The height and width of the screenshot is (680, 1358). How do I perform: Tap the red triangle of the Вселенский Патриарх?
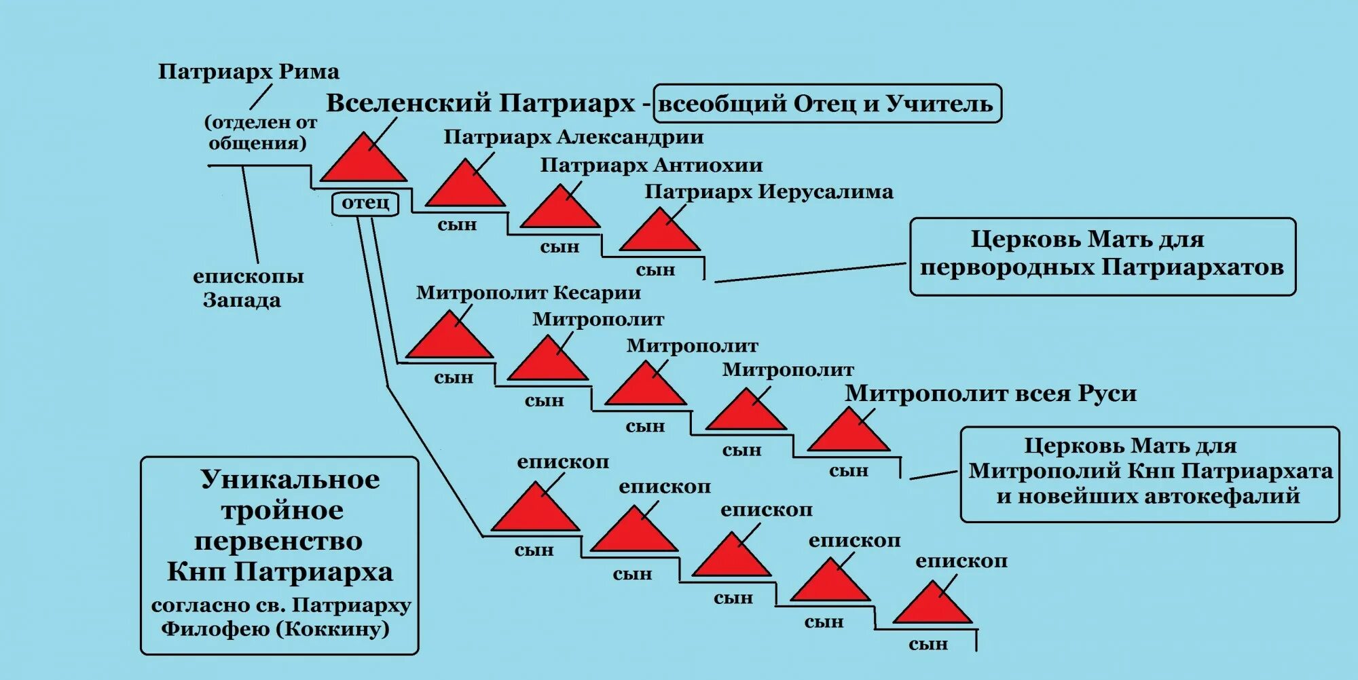tap(364, 162)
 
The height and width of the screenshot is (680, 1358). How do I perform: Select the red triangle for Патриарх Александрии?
tap(466, 187)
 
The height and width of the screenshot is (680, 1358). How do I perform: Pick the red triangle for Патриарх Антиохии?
tap(560, 210)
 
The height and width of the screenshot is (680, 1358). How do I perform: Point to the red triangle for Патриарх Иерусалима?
tap(660, 233)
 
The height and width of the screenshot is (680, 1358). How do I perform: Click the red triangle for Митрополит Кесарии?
tap(449, 339)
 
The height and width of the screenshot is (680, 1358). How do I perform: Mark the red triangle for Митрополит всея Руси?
tap(849, 433)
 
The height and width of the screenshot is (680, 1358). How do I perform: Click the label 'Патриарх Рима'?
tap(249, 72)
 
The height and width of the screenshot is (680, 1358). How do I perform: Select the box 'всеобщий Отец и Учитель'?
tap(826, 104)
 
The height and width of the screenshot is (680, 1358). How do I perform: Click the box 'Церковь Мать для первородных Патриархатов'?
tap(1102, 256)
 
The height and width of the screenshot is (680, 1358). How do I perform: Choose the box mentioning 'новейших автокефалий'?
tap(1150, 474)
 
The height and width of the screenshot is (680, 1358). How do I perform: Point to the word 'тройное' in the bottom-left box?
tap(282, 510)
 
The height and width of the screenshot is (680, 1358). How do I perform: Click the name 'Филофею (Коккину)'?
tap(275, 629)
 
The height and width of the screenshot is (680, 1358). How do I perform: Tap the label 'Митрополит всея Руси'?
tap(990, 394)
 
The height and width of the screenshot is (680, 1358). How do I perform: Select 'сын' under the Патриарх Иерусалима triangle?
tap(655, 270)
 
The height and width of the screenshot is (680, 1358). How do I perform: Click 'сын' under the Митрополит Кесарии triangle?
tap(454, 378)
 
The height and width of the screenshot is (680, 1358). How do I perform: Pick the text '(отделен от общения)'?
tap(260, 132)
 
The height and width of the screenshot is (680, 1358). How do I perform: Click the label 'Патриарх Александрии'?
tap(573, 137)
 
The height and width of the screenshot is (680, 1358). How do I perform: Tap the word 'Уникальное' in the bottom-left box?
tap(290, 480)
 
